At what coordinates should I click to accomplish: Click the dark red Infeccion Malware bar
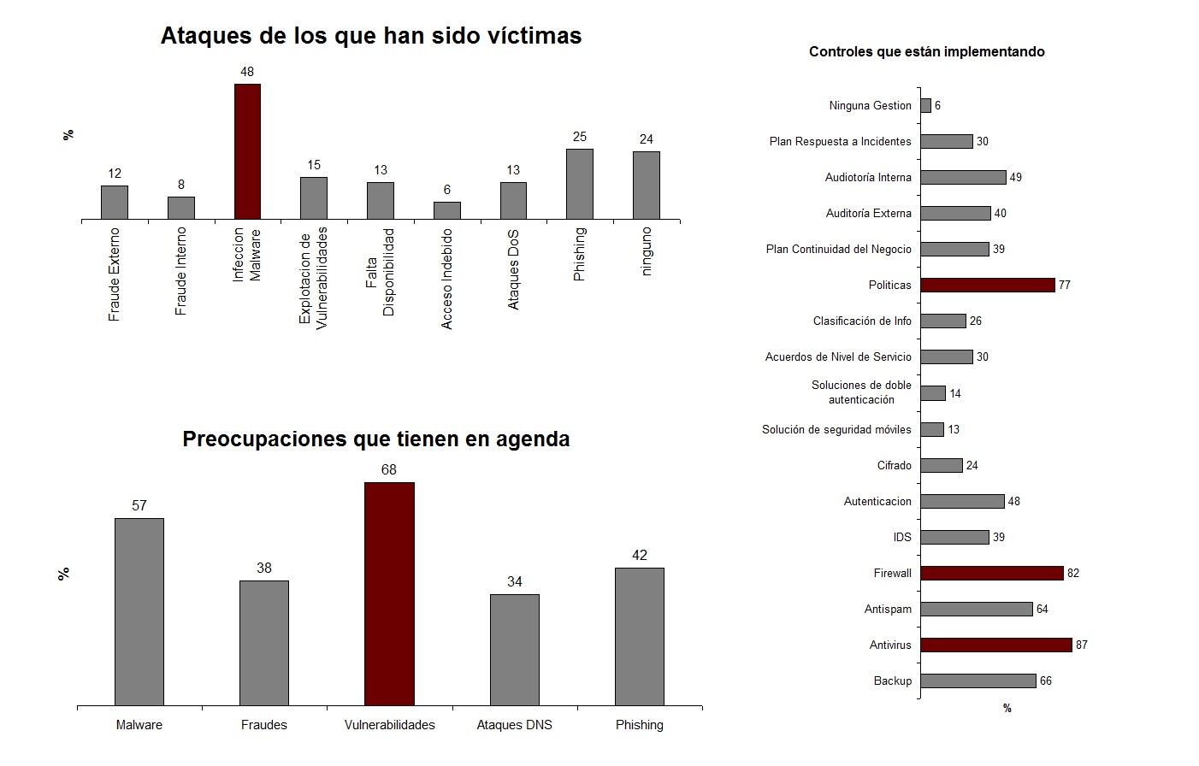247,151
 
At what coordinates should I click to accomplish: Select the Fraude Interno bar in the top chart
180,208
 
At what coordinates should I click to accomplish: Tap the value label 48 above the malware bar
247,72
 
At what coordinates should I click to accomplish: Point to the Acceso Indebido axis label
446,279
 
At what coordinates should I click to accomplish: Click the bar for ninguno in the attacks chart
646,186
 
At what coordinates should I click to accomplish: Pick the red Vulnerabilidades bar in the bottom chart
389,594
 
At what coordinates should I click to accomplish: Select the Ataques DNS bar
514,650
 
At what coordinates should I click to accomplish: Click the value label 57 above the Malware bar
139,506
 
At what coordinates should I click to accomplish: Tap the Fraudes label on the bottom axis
264,725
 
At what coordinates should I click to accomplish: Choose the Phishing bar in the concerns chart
639,637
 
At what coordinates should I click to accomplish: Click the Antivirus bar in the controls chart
995,645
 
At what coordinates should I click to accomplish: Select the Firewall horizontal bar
991,573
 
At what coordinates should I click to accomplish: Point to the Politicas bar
987,285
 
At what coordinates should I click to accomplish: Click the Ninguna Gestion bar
925,105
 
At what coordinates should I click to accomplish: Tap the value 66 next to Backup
1046,681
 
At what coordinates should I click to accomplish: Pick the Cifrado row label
894,465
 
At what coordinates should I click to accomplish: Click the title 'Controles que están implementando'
926,52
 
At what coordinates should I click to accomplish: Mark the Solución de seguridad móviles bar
932,429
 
